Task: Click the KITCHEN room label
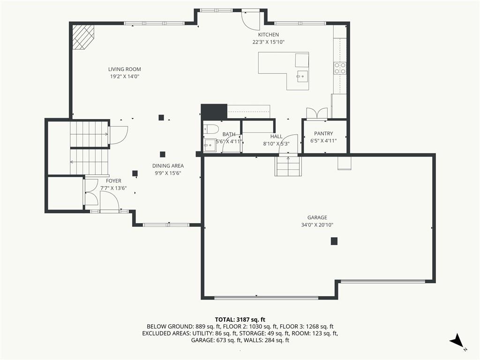[x=268, y=35]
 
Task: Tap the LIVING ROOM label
[x=125, y=69]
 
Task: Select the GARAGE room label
[x=317, y=217]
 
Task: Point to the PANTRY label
[x=323, y=134]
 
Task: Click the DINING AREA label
[x=168, y=165]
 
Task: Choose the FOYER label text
[x=113, y=181]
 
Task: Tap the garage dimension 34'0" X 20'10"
[x=317, y=225]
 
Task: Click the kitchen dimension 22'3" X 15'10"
[x=269, y=42]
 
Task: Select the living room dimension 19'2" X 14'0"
[x=125, y=76]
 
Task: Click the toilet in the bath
[x=211, y=129]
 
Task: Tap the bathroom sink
[x=210, y=145]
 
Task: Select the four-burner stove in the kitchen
[x=340, y=68]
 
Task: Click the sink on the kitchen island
[x=302, y=76]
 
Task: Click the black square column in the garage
[x=334, y=241]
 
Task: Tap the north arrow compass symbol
[x=457, y=340]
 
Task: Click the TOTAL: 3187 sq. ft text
[x=240, y=320]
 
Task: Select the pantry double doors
[x=317, y=113]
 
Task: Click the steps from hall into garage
[x=288, y=166]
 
